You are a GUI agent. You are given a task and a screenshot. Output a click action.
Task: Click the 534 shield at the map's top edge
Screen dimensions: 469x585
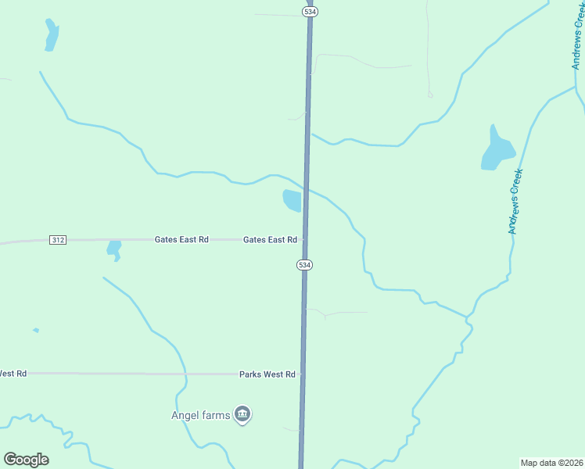pos(310,11)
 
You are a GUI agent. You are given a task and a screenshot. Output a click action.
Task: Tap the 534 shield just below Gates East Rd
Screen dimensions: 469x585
pos(304,266)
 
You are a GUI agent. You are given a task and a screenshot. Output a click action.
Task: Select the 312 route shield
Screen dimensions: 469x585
pos(57,239)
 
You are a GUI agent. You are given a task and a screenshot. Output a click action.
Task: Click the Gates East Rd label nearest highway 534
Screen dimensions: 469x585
pos(270,239)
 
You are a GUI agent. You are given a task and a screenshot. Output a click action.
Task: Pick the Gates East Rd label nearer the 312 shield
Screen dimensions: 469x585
pos(181,239)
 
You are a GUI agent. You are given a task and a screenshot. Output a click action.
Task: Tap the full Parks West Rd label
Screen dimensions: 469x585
pos(267,374)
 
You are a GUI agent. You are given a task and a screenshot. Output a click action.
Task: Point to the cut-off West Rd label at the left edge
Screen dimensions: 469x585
pos(13,374)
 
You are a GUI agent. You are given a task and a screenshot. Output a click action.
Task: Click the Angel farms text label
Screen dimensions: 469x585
pos(201,415)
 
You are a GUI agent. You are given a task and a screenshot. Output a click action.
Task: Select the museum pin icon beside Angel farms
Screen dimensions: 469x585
pos(242,414)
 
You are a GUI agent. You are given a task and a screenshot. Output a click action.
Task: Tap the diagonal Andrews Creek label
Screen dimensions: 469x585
pos(515,202)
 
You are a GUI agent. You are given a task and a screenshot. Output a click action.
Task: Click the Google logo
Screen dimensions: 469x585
pos(27,460)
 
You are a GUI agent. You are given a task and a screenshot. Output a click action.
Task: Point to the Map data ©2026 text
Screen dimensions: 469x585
pos(551,463)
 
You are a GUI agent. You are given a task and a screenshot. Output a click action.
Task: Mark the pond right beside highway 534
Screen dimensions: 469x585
pos(292,200)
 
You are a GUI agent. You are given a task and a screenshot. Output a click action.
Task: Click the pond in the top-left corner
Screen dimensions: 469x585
pos(52,35)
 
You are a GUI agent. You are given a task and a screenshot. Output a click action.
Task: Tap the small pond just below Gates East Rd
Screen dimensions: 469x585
pos(114,249)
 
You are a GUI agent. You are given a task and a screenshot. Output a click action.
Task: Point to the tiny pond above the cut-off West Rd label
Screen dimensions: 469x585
pos(36,331)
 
